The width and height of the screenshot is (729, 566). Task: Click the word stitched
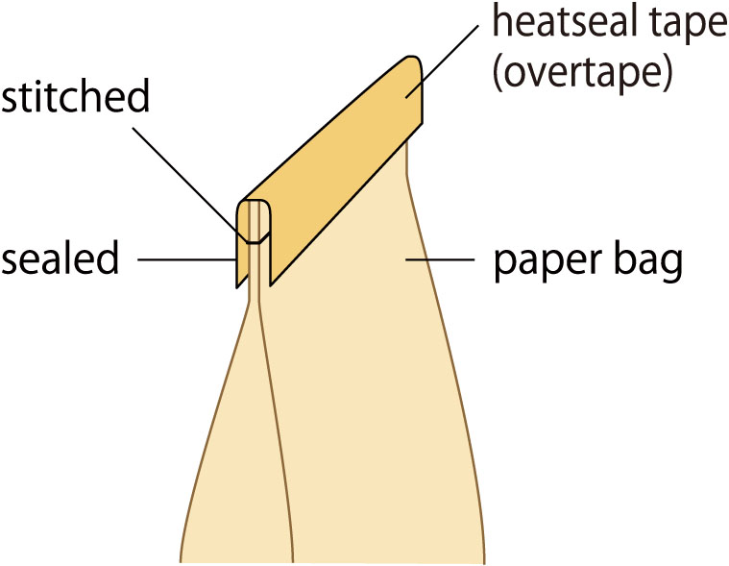point(74,99)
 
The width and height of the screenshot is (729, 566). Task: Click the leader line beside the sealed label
point(186,259)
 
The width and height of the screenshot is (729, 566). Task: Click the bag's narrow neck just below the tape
point(255,288)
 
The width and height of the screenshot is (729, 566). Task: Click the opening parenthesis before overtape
point(498,75)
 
